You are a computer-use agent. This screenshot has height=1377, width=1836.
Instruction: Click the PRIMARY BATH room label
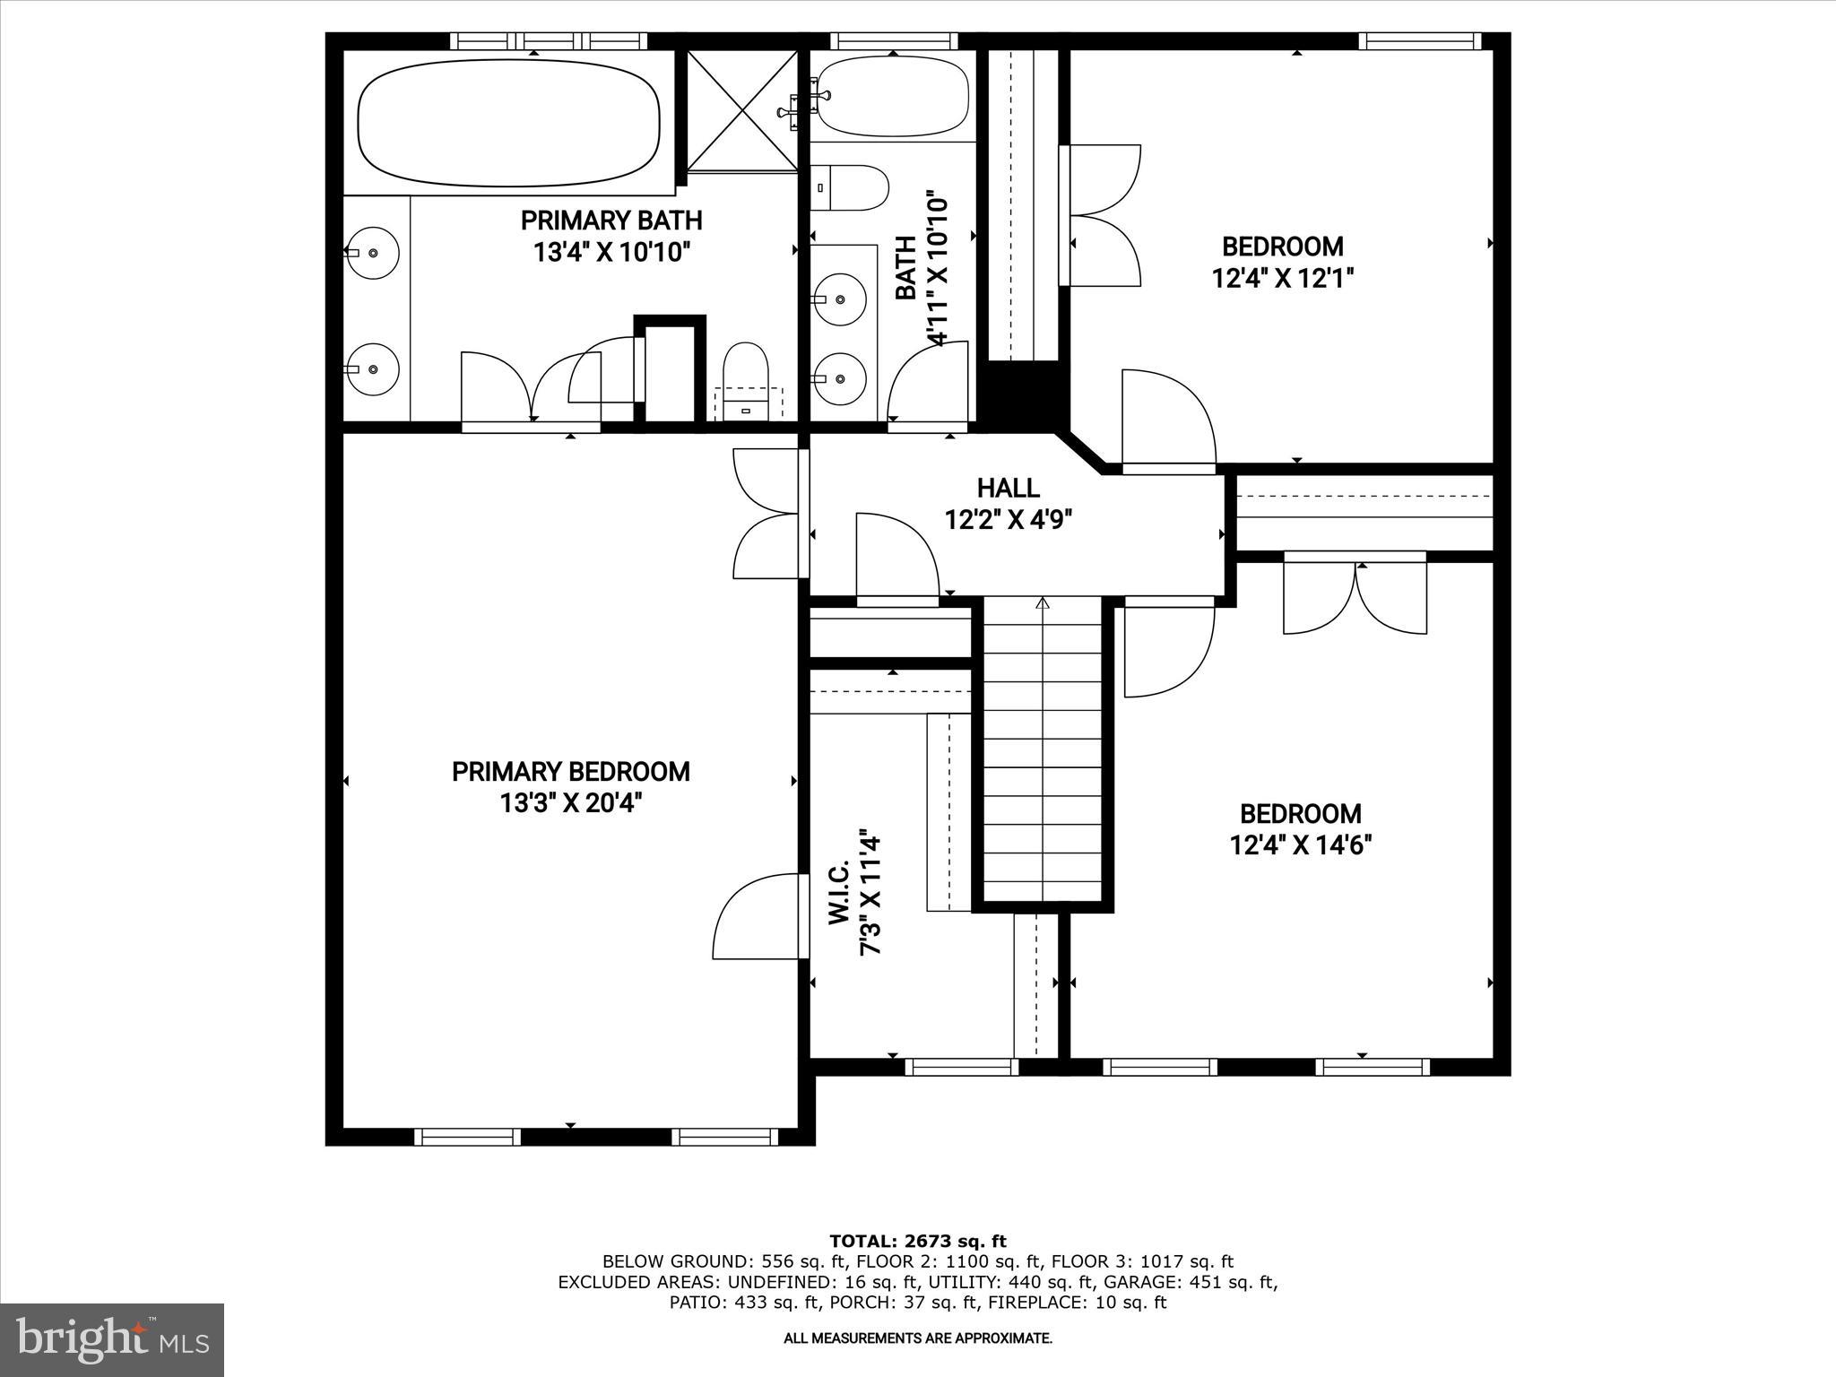point(611,221)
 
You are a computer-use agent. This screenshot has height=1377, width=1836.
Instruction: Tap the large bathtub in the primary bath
point(507,122)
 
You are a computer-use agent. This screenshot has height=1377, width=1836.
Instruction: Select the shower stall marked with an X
point(742,110)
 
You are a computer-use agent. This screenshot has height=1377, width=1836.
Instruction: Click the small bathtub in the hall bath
point(893,97)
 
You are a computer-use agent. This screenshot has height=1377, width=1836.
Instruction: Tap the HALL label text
point(1008,489)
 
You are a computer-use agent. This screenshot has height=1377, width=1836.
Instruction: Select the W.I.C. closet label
point(839,893)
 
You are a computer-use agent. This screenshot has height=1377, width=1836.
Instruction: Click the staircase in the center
point(1043,753)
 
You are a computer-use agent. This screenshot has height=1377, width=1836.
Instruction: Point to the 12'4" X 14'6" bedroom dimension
point(1301,844)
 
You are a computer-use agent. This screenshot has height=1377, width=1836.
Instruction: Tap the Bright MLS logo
point(112,1340)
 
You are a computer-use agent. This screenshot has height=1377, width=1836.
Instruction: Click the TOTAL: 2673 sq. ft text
point(918,1242)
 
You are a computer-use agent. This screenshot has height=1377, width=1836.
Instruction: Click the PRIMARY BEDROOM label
point(571,772)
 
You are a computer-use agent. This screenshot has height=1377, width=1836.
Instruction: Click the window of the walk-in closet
point(961,1067)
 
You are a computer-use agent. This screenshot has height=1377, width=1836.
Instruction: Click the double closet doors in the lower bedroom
point(1355,593)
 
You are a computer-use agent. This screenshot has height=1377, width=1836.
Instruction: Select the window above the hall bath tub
point(893,40)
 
